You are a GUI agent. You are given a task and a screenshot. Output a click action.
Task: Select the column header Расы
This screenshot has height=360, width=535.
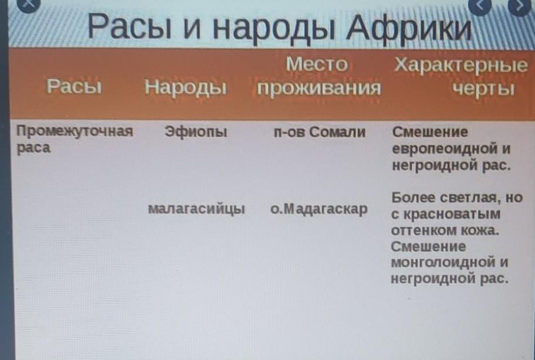click(x=75, y=86)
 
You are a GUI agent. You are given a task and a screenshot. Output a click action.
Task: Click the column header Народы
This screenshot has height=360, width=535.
click(x=185, y=87)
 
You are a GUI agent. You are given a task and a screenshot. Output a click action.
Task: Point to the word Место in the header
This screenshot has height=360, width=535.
click(x=317, y=64)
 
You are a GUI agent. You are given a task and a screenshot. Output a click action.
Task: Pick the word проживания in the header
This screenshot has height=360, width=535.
click(x=319, y=89)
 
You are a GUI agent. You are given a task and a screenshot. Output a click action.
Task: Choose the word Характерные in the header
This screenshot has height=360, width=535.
click(x=461, y=64)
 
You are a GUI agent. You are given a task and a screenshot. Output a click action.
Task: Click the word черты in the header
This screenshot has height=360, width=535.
click(x=483, y=89)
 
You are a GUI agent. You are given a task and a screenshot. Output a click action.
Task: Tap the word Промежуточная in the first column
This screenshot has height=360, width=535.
click(x=75, y=131)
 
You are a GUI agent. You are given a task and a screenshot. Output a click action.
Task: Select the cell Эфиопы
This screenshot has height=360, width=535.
click(x=196, y=132)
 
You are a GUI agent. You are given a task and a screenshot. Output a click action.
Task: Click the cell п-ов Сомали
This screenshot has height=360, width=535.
click(x=320, y=132)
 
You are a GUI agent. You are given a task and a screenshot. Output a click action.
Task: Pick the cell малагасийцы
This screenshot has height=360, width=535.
click(x=197, y=209)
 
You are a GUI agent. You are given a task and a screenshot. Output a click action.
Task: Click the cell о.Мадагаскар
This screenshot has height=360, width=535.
click(x=319, y=209)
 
